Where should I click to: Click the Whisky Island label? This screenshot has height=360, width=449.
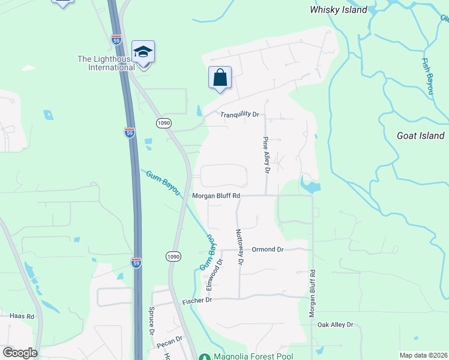338,10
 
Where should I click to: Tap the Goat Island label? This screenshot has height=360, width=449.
420,136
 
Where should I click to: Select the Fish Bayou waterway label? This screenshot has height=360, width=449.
427,76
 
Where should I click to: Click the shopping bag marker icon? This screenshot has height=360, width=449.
220,78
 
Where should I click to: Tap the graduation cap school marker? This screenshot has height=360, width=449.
143,53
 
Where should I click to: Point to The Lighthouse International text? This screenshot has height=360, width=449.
106,63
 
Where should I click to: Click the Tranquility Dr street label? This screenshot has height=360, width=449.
239,115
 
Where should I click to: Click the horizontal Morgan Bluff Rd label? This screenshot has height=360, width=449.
216,196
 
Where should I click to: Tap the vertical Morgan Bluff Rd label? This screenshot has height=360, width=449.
312,293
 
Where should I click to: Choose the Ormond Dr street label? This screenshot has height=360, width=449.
267,250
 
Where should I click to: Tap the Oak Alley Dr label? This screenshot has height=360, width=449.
336,325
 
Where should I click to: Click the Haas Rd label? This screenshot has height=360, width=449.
22,316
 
